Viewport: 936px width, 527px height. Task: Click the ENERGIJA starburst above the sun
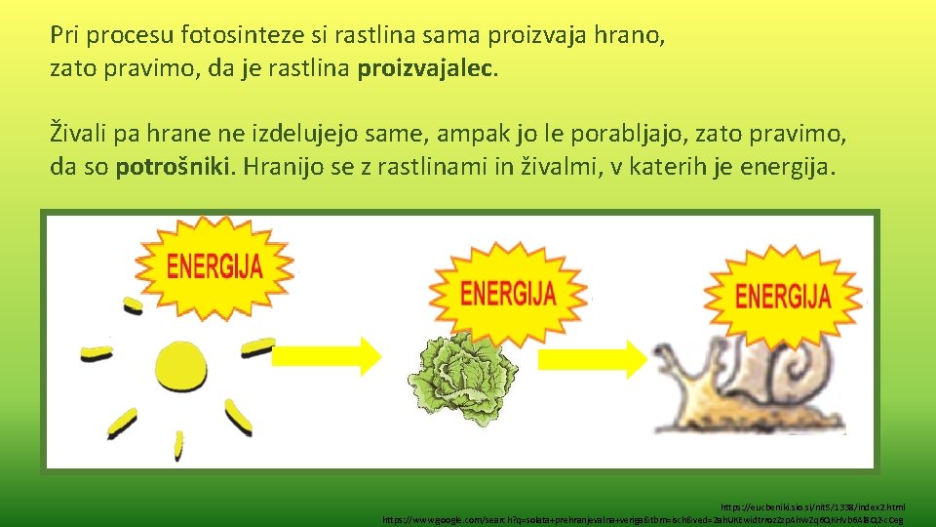click(214, 265)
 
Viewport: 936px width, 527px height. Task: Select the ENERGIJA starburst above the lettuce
click(508, 292)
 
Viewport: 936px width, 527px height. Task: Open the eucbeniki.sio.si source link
click(812, 507)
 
